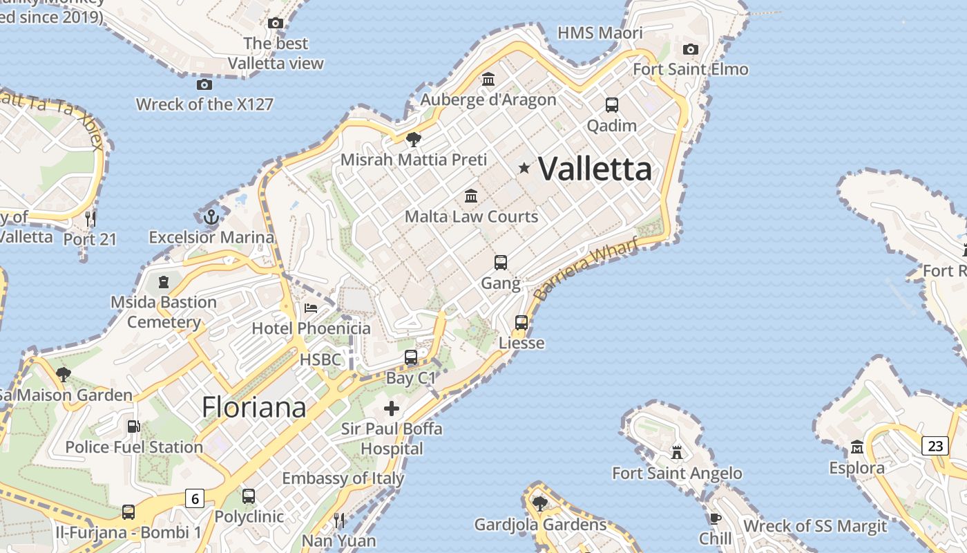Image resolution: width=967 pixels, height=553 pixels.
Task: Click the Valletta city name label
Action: [595, 169]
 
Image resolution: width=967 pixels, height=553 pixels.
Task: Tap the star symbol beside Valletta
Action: [524, 168]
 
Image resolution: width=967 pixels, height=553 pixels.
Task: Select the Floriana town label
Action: [253, 407]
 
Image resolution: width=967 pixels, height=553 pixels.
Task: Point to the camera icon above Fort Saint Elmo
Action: [690, 49]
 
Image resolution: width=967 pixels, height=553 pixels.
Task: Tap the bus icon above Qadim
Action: [612, 105]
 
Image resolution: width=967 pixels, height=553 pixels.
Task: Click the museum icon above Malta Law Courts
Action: [471, 196]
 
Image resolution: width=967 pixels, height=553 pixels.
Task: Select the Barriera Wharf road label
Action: [586, 268]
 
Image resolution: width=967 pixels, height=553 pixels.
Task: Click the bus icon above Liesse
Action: [521, 323]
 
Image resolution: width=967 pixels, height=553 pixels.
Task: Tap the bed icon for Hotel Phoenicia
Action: [311, 308]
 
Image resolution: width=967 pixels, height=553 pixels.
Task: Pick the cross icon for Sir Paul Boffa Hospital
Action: [392, 409]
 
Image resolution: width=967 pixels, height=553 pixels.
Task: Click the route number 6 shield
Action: [195, 498]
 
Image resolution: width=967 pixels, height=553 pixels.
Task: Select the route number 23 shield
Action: [935, 446]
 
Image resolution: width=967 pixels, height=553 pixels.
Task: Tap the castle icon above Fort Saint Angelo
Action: [677, 453]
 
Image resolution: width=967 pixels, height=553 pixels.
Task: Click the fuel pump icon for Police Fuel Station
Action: [133, 427]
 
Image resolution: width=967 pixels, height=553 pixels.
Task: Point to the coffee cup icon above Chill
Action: [716, 518]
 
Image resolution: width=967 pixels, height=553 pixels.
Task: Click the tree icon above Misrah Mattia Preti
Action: [413, 140]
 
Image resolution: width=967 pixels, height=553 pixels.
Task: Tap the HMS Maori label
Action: [600, 32]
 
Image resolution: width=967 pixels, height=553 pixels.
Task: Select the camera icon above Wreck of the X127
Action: [204, 84]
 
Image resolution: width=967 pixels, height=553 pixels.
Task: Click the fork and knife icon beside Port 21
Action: [90, 219]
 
